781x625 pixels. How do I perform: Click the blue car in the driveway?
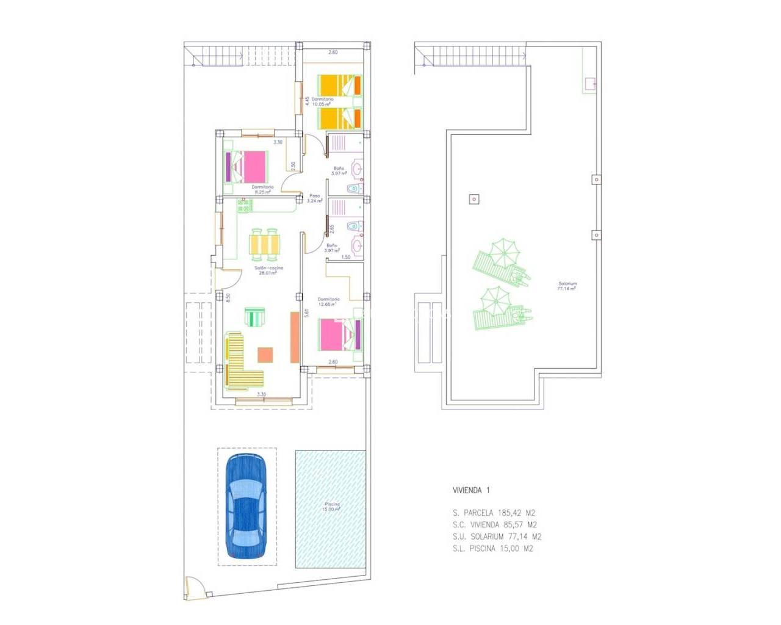[x=246, y=507]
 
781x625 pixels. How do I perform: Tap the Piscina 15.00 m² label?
[x=331, y=507]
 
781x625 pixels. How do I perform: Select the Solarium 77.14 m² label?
[x=567, y=286]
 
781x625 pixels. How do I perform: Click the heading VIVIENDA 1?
[x=471, y=490]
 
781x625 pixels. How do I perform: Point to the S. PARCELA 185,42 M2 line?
[x=494, y=513]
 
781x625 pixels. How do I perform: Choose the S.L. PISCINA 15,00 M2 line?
[x=493, y=548]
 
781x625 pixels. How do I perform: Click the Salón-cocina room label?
[x=268, y=270]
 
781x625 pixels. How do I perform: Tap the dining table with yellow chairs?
[x=265, y=244]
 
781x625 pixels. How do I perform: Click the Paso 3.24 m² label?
[x=314, y=198]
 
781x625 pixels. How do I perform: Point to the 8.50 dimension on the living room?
[x=228, y=297]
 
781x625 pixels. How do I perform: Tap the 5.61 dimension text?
[x=307, y=312]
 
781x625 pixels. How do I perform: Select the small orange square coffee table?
[x=265, y=355]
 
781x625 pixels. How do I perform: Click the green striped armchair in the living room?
[x=255, y=317]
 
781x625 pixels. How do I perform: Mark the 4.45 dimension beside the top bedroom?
[x=307, y=101]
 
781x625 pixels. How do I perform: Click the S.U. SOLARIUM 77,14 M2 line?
[x=497, y=536]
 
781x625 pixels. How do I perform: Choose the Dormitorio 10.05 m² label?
[x=322, y=101]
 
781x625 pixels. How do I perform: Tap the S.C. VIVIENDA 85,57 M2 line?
[x=495, y=525]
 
